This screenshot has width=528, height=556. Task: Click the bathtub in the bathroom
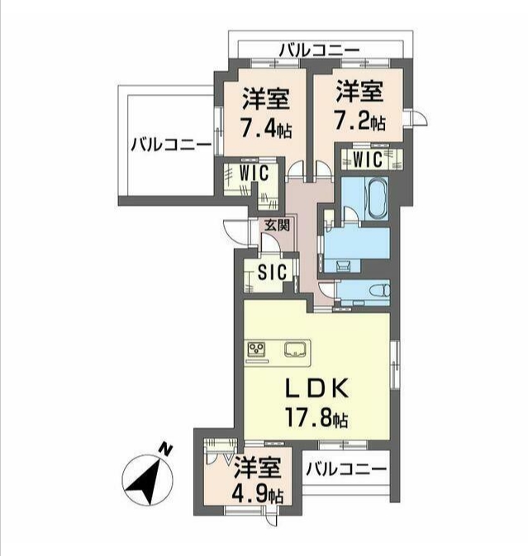(x=378, y=197)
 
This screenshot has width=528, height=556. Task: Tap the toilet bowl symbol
(x=380, y=291)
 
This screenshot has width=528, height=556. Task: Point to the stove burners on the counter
(x=255, y=349)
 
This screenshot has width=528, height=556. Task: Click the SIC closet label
(x=273, y=273)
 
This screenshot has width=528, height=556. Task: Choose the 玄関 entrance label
(x=278, y=225)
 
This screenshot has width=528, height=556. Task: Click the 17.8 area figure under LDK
(x=316, y=418)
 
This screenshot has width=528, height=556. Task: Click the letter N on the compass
(x=165, y=449)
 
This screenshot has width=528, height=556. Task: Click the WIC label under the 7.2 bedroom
(x=368, y=159)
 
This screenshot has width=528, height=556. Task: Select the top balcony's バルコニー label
(x=319, y=50)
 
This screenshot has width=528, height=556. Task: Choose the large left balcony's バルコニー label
(x=171, y=145)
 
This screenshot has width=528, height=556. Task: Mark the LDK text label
(x=317, y=389)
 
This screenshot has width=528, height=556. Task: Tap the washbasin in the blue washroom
(x=342, y=265)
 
